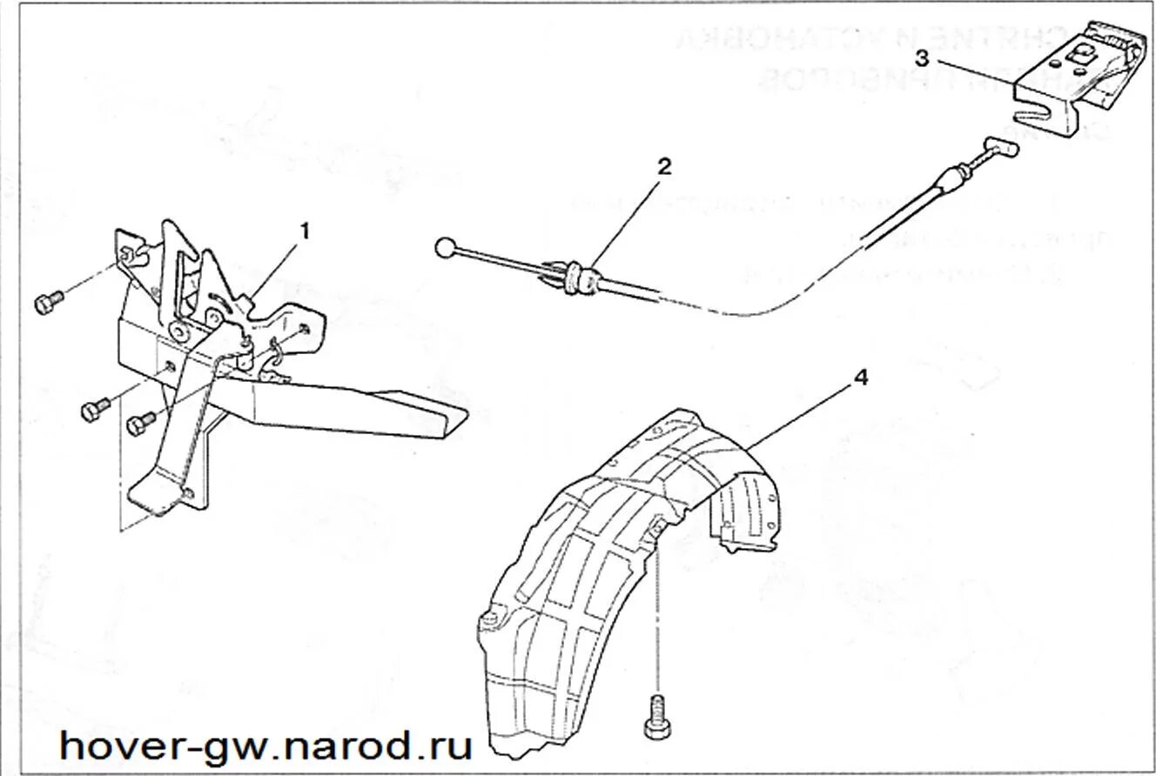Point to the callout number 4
point(860,378)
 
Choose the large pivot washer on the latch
point(181,331)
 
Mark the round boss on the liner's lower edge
point(489,619)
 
